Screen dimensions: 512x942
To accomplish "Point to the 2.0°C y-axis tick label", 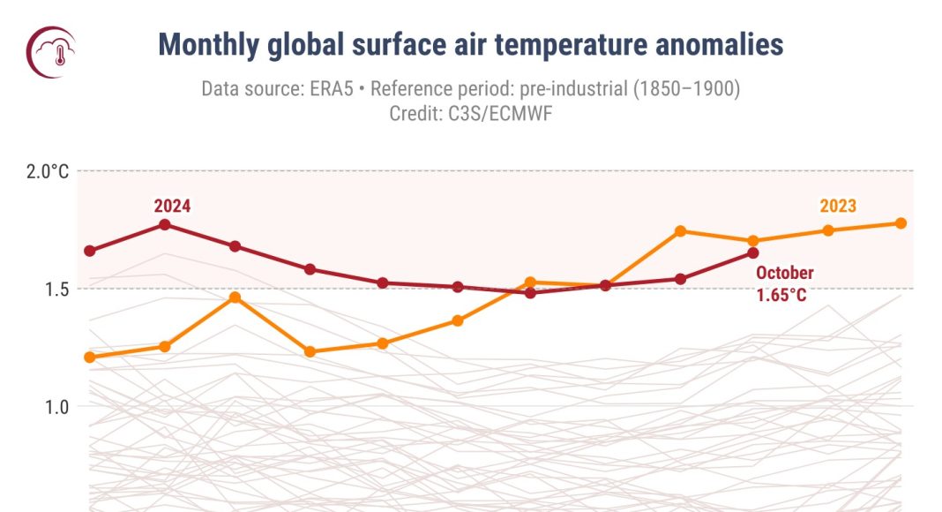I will (45, 171).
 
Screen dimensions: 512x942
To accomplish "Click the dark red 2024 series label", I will (172, 206).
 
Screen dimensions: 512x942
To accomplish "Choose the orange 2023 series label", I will (838, 206).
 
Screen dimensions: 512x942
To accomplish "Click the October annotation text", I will (784, 273).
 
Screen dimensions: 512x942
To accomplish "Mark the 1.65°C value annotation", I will (781, 295).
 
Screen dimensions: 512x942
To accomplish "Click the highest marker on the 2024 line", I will (165, 224).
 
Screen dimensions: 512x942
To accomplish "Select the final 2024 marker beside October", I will (753, 253).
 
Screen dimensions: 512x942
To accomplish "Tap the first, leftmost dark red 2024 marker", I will (90, 251).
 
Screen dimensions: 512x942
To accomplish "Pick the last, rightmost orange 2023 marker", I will (901, 223).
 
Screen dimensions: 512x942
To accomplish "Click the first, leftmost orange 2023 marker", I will (90, 358).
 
